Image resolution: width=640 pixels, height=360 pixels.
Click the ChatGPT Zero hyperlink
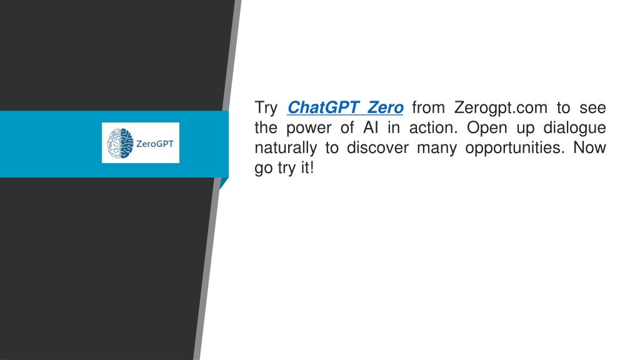(x=345, y=107)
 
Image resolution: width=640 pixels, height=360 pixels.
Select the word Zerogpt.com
(x=501, y=107)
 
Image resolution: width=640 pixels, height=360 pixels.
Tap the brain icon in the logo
(x=121, y=143)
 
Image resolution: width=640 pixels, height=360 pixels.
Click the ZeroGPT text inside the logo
(x=155, y=144)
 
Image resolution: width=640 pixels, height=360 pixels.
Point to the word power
(x=309, y=128)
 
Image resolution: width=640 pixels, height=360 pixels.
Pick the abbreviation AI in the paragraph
(x=371, y=127)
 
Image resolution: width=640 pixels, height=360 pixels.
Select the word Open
(x=487, y=128)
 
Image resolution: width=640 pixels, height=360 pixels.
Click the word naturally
(x=286, y=148)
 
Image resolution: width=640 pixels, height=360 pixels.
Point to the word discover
(x=377, y=147)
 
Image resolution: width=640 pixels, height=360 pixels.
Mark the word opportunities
(x=515, y=148)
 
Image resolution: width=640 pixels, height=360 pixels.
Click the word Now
(x=589, y=147)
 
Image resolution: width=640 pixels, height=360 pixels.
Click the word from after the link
(x=428, y=107)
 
